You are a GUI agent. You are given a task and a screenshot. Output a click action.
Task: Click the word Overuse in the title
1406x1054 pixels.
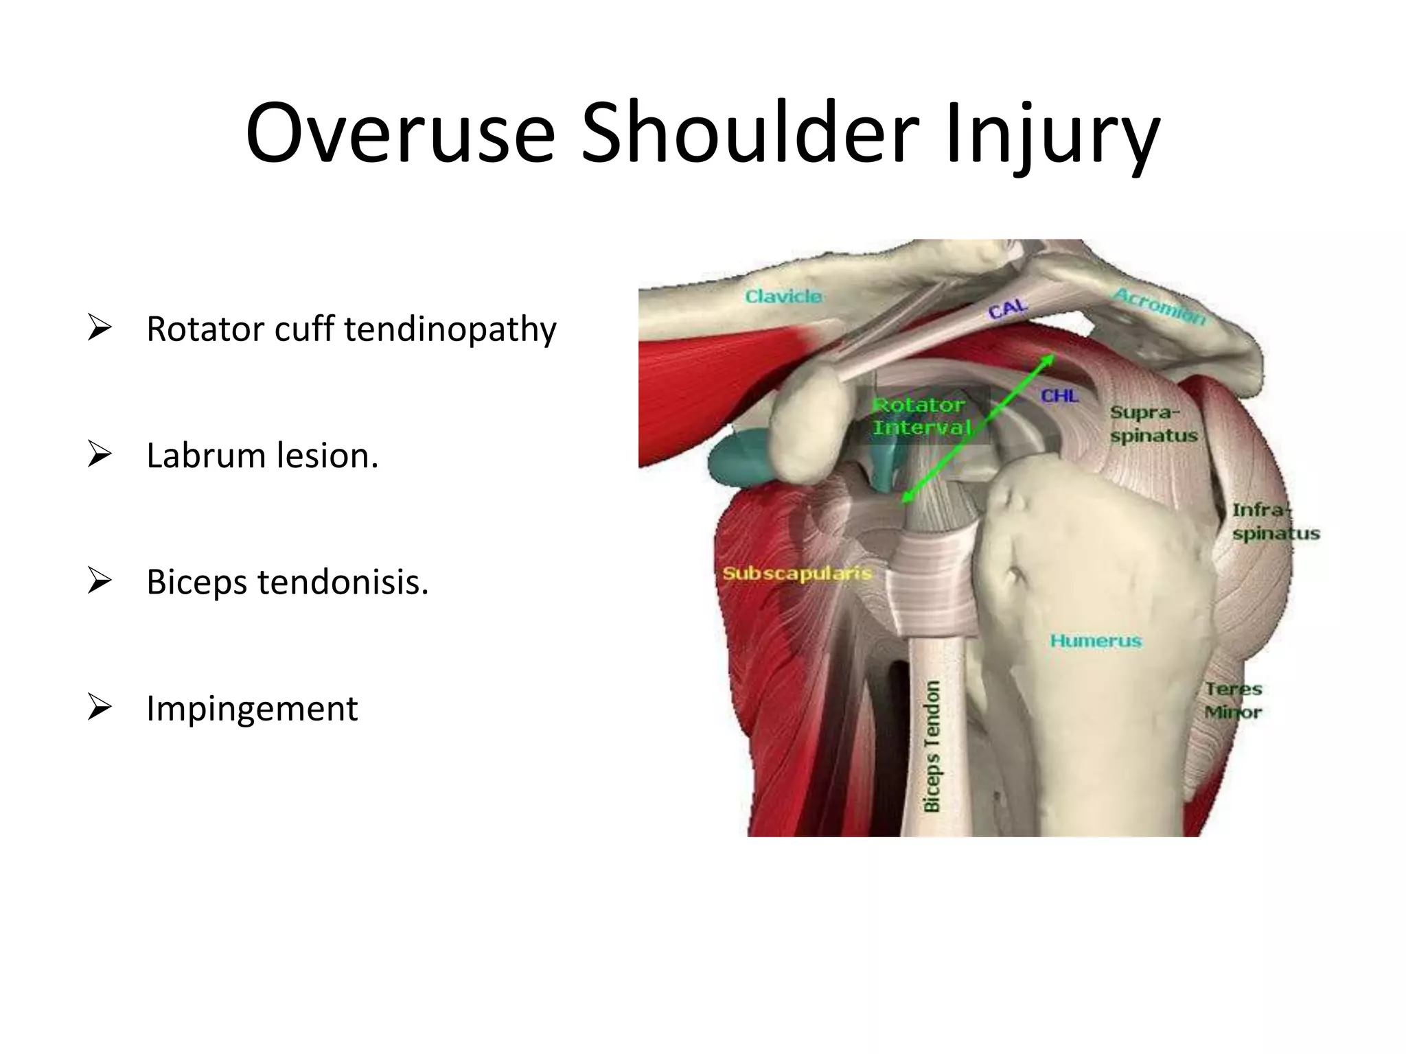tap(400, 134)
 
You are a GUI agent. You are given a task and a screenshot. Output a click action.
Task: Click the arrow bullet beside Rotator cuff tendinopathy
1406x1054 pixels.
tap(100, 329)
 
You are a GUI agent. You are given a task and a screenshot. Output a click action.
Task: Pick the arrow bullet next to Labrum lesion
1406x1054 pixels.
tap(100, 455)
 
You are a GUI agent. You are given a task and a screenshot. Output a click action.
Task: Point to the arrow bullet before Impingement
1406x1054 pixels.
tap(100, 707)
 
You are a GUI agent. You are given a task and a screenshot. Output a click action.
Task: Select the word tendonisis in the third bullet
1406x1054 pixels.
tap(343, 583)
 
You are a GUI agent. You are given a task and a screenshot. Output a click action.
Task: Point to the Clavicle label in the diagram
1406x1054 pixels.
tap(783, 296)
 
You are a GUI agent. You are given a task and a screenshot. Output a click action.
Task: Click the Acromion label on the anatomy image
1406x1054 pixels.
tap(1158, 307)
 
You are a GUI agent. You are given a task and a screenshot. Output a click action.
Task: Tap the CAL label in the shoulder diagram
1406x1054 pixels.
tap(1007, 309)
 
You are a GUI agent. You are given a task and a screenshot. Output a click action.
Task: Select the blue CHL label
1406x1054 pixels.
tap(1059, 396)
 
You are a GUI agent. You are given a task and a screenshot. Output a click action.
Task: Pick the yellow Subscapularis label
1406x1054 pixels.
tap(796, 573)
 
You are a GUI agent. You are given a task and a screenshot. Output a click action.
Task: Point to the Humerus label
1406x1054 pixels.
tap(1095, 641)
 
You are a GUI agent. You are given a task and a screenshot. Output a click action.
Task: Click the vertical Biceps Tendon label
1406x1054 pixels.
tap(932, 747)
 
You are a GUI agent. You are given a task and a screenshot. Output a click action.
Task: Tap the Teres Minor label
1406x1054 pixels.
tap(1234, 701)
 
